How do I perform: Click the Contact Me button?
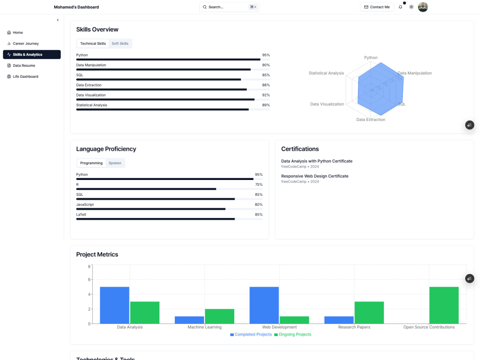coord(377,7)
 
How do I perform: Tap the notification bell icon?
coord(400,7)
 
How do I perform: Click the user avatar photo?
coord(423,7)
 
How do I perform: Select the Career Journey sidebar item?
coord(25,44)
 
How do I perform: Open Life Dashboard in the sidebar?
coord(25,77)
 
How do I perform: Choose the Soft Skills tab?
coord(120,44)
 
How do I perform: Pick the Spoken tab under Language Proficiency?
coord(115,163)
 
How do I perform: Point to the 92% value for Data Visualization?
coord(266,95)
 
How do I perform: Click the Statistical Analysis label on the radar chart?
coord(326,73)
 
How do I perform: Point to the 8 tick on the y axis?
coord(89,266)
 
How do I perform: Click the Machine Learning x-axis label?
coord(204,327)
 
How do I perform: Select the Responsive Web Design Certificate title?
coord(314,176)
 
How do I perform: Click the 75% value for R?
coord(259,185)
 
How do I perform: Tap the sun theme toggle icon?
coord(411,7)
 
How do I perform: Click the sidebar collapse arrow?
coord(58,20)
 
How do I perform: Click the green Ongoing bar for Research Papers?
coord(369,312)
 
